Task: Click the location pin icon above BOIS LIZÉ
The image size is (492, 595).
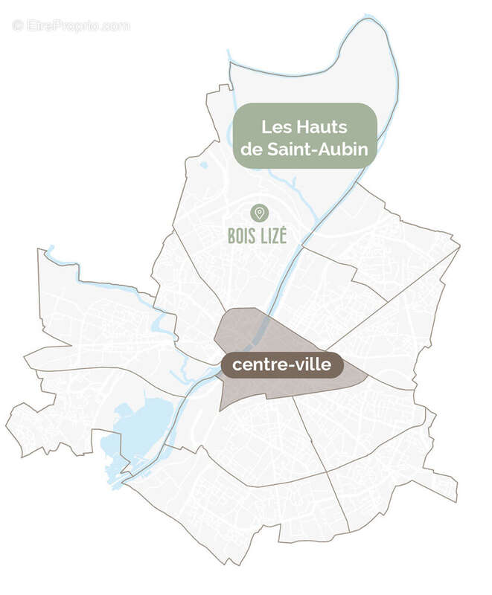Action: (x=259, y=213)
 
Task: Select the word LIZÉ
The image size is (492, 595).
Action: (x=273, y=236)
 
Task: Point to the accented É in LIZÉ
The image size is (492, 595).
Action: (x=282, y=235)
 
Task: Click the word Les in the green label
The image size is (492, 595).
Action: (x=275, y=128)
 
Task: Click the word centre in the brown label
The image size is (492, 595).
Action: (x=256, y=365)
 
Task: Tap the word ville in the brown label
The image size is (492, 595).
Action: (x=313, y=364)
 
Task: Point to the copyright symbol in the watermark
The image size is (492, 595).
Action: (x=18, y=25)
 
